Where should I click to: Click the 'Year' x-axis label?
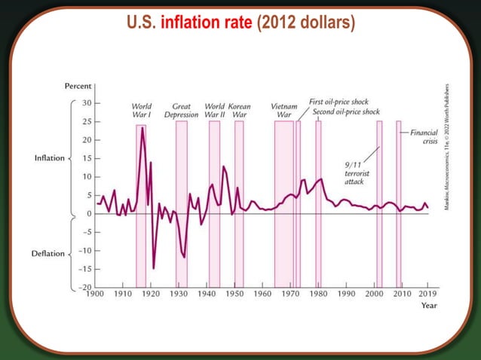click(x=429, y=306)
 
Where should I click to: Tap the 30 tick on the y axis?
click(x=87, y=102)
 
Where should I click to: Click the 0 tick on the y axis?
click(x=89, y=214)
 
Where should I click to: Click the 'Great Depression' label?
click(x=181, y=111)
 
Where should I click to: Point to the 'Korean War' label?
click(x=239, y=111)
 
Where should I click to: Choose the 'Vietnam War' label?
click(x=283, y=111)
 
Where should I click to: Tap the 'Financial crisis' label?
click(x=423, y=136)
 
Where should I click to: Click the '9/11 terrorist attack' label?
click(x=355, y=172)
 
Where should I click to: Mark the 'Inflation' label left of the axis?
click(x=50, y=158)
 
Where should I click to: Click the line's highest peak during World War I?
click(x=142, y=127)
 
